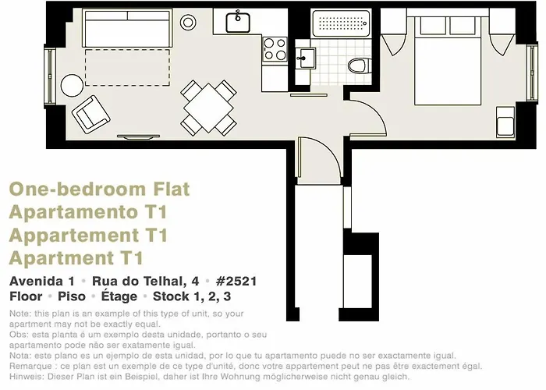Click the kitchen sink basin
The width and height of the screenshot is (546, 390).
238,23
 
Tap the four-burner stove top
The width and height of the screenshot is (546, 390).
275,49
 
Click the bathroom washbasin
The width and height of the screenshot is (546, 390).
306,58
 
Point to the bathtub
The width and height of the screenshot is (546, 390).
341,23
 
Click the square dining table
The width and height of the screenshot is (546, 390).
208,108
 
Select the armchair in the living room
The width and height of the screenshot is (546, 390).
91,114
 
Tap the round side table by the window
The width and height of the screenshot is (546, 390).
72,85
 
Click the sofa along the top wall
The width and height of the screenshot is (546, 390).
127,28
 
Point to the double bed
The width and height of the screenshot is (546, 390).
448,60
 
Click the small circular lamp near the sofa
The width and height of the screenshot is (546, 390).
188,23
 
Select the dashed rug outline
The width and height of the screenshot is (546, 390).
127,68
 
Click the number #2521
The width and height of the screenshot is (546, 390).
236,281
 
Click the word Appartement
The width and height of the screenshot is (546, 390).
74,236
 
